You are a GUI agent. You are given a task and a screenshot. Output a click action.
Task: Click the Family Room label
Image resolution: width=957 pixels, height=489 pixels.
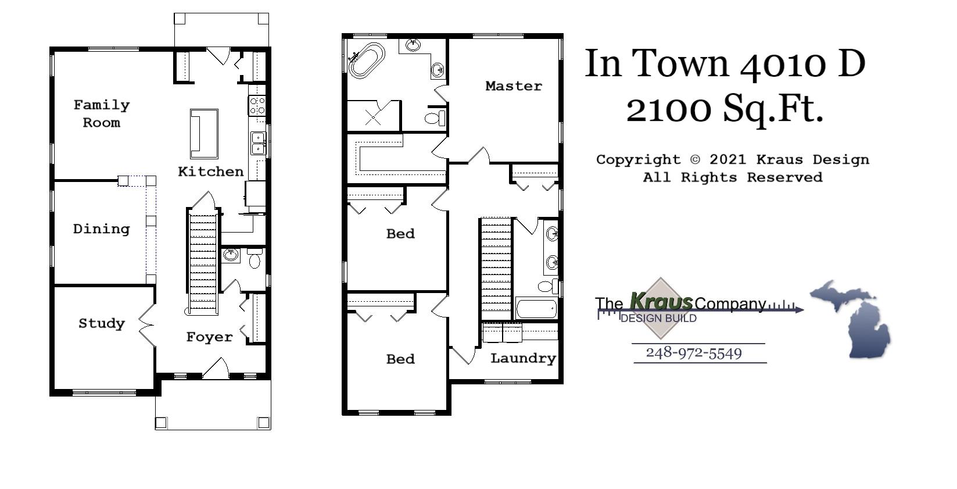[x=101, y=113]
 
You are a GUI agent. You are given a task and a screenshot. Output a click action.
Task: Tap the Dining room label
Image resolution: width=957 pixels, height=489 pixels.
[x=101, y=229]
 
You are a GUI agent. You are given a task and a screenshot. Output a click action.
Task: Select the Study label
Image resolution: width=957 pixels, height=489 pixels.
[x=102, y=323]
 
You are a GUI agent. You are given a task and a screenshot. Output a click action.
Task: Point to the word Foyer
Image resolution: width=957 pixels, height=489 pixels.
[x=209, y=337]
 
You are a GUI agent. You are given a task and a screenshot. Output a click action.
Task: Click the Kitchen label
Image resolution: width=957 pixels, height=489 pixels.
[x=210, y=172]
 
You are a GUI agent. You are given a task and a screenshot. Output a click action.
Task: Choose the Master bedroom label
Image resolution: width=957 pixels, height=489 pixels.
[x=514, y=86]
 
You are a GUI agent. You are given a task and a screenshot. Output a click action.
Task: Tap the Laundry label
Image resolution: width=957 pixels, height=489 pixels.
[x=523, y=358]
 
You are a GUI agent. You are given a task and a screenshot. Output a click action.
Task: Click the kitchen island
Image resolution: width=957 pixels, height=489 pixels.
[x=204, y=134]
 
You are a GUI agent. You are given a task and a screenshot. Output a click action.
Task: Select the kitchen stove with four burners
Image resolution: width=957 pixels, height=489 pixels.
[x=257, y=105]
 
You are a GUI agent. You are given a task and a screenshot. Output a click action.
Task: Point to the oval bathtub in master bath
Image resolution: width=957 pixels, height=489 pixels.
[x=367, y=59]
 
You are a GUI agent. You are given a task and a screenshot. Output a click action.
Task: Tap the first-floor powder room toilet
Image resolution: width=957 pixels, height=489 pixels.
[x=254, y=259]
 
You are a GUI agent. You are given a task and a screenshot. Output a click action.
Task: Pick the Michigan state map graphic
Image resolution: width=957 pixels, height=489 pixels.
[x=854, y=317]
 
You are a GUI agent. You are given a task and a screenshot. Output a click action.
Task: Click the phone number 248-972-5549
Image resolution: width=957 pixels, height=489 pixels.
[x=694, y=353]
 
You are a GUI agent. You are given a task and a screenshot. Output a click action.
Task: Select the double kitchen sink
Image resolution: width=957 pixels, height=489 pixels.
[x=258, y=143]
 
